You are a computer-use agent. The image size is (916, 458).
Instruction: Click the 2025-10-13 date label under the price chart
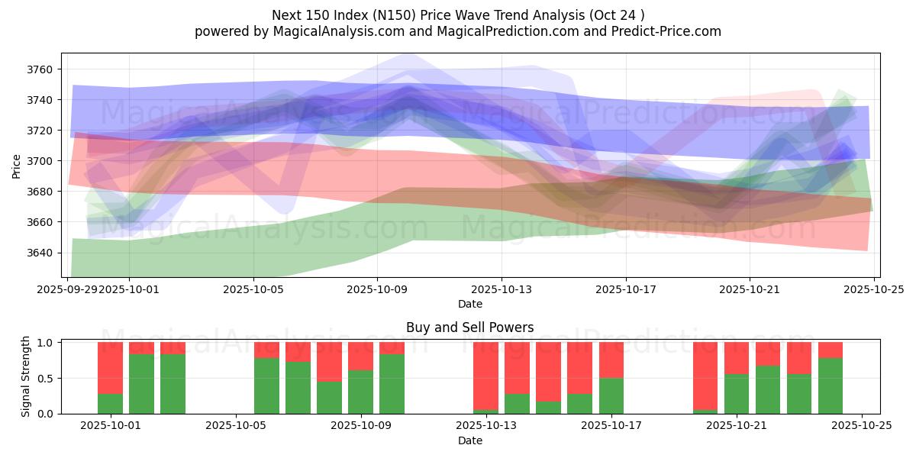(x=502, y=289)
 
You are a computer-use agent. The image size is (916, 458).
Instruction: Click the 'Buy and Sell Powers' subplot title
(x=470, y=327)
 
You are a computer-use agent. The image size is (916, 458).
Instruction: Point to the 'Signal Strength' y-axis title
(x=26, y=377)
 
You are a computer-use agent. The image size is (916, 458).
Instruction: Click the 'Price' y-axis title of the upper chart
(x=17, y=166)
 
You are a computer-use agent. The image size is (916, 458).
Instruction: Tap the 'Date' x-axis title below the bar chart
(x=470, y=440)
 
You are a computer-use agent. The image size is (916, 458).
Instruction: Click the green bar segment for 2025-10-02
(x=141, y=383)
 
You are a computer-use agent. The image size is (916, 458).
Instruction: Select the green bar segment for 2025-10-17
(x=611, y=395)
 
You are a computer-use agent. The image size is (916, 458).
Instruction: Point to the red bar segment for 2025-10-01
(x=110, y=367)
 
